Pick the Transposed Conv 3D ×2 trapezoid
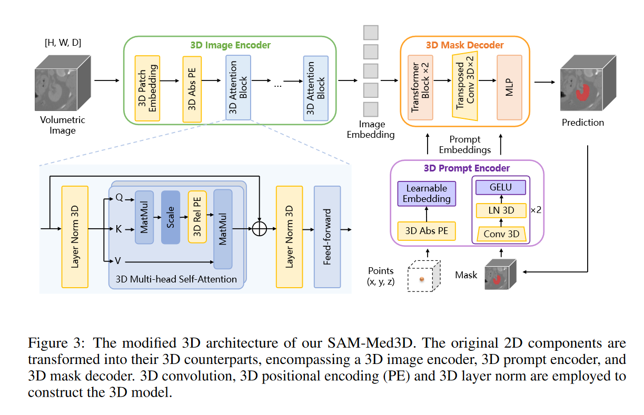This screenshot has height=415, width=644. (464, 80)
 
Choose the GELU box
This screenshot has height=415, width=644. (501, 187)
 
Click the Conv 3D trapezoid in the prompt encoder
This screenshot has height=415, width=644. (501, 234)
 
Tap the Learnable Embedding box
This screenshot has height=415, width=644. (427, 194)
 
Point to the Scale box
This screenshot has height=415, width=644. (171, 217)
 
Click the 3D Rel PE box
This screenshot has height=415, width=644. (197, 217)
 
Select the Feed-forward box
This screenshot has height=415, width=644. (327, 237)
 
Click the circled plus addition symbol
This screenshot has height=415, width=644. (260, 229)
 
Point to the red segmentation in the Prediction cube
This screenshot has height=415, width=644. (581, 93)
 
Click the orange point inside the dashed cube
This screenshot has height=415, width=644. (421, 279)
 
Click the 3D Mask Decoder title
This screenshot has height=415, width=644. (465, 45)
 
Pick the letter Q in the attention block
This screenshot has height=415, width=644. (118, 199)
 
